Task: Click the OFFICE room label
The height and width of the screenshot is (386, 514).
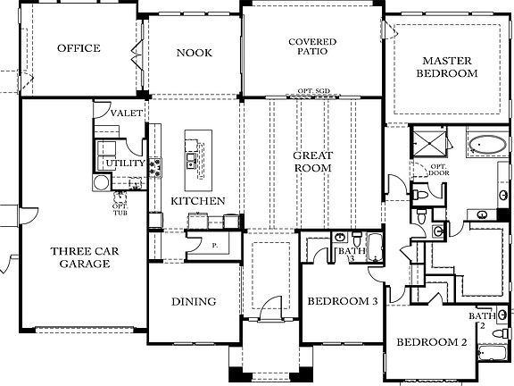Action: (79, 48)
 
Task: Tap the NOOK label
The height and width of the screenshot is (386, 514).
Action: (194, 53)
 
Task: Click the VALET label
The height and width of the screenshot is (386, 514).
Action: (124, 113)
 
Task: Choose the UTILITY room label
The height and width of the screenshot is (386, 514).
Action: (123, 164)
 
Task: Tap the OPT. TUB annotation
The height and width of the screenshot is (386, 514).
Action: (120, 207)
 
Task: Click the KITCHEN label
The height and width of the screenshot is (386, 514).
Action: (197, 201)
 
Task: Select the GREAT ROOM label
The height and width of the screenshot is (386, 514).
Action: (312, 162)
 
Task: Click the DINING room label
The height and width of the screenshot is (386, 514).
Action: (192, 302)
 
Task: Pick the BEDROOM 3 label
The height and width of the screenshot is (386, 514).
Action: (343, 302)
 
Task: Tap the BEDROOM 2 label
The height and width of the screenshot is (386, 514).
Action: (432, 343)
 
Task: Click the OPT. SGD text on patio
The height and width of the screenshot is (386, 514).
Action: (312, 91)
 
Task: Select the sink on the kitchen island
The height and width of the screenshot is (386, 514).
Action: (192, 161)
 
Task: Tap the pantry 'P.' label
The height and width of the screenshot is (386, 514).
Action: (214, 243)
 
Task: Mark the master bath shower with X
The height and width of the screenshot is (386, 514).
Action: (427, 142)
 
